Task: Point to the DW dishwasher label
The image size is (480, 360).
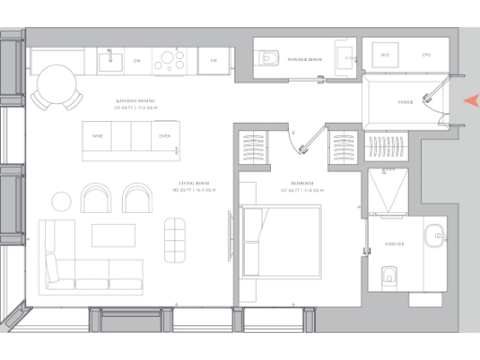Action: point(137,61)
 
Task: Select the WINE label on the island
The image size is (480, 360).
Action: point(97,135)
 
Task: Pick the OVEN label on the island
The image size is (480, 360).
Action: point(165,135)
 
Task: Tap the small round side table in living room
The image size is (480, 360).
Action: point(62,201)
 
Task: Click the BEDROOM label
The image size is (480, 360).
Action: point(301,183)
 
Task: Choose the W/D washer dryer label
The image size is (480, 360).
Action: point(384,56)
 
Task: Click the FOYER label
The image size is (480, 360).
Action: point(405,101)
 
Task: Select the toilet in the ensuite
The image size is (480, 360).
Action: point(389,274)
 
